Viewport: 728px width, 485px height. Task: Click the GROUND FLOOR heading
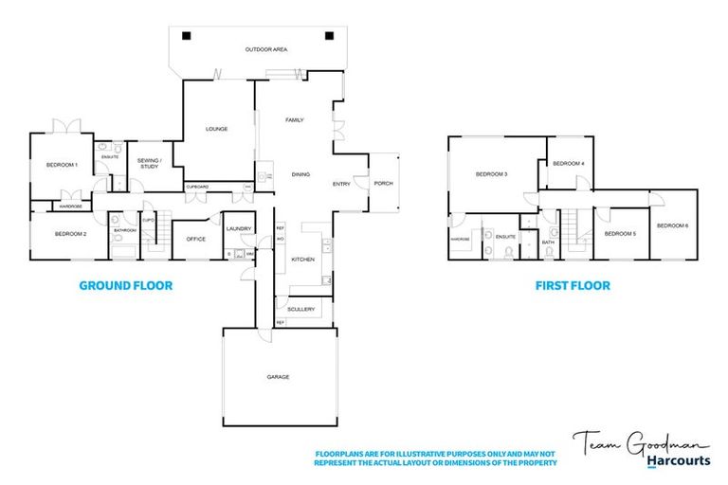point(125,284)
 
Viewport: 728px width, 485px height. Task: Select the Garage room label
point(278,377)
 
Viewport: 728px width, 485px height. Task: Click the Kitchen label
point(302,259)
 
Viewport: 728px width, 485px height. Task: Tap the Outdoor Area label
point(266,49)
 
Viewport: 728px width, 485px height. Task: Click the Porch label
point(383,184)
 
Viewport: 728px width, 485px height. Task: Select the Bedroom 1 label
point(62,166)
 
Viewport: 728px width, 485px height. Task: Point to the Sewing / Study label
point(151,163)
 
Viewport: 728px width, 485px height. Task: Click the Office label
point(195,239)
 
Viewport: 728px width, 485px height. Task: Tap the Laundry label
point(237,228)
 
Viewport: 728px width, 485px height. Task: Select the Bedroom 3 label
point(491,174)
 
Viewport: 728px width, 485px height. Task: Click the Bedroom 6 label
point(672,225)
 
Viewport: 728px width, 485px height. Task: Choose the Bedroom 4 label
point(569,164)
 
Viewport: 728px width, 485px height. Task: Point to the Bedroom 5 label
point(620,233)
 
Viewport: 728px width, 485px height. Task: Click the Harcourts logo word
point(680,461)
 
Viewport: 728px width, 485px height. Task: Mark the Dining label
point(300,175)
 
